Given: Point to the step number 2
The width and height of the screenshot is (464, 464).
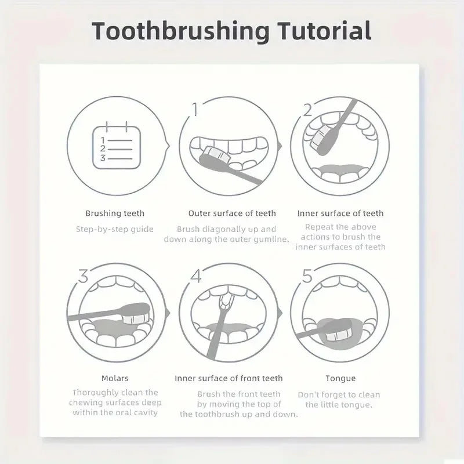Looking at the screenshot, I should pyautogui.click(x=307, y=109).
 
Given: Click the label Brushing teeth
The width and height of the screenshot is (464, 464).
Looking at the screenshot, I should pyautogui.click(x=115, y=213).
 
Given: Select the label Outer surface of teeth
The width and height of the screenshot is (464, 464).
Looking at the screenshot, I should pyautogui.click(x=232, y=213).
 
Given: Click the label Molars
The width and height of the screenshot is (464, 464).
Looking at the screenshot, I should pyautogui.click(x=115, y=378).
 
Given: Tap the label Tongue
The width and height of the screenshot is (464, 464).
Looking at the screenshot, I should pyautogui.click(x=340, y=378).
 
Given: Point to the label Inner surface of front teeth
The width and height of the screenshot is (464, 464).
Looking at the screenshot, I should pyautogui.click(x=229, y=378).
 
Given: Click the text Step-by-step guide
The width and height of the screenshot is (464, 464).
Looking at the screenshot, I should pyautogui.click(x=115, y=229).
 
